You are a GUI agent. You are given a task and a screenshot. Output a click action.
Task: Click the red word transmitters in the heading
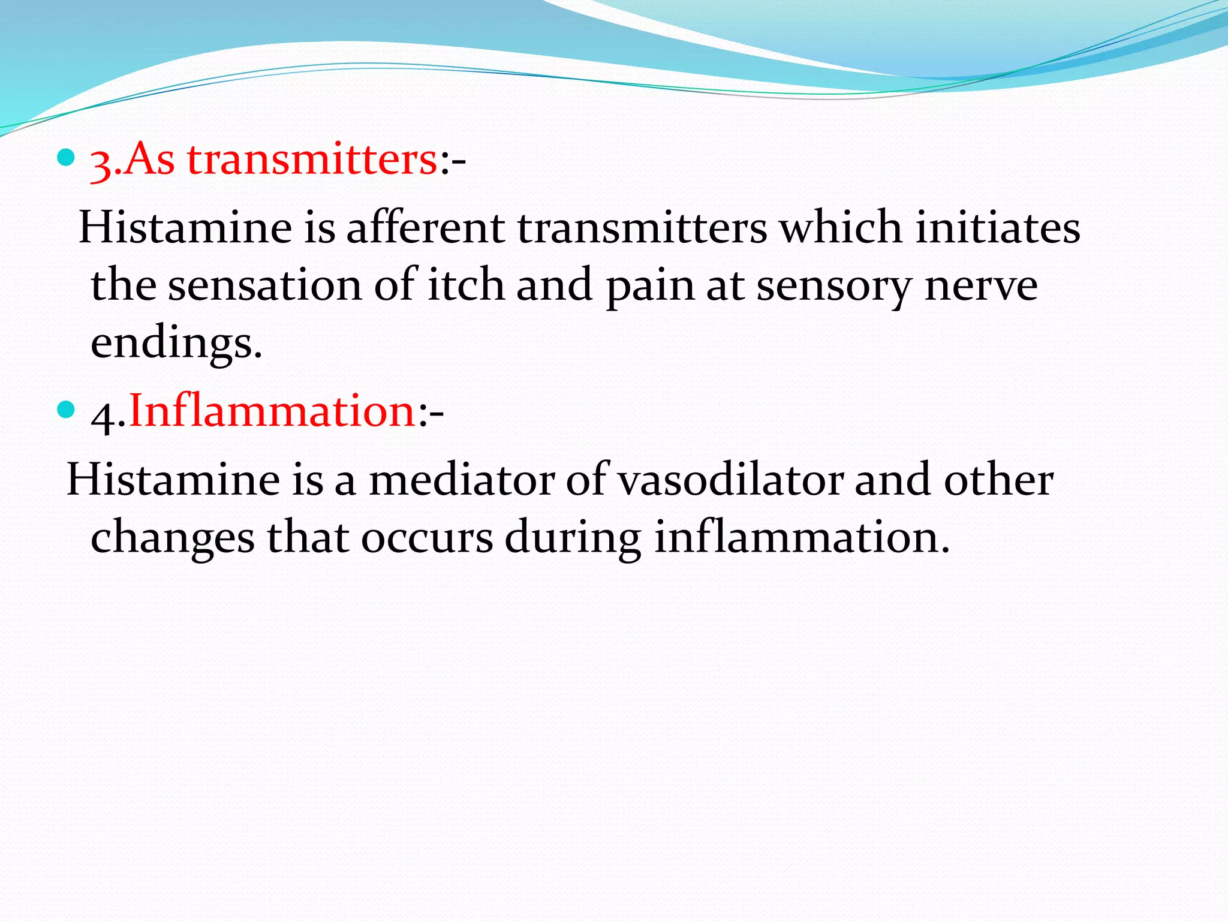tap(312, 161)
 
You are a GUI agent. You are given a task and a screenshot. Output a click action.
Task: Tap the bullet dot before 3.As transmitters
tap(65, 158)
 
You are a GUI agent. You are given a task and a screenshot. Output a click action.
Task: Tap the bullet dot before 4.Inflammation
tap(65, 410)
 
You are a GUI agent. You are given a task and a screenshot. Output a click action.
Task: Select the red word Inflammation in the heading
tap(273, 411)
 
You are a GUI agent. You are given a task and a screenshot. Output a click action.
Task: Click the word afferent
tap(426, 229)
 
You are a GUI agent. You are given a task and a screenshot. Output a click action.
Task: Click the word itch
tap(465, 285)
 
